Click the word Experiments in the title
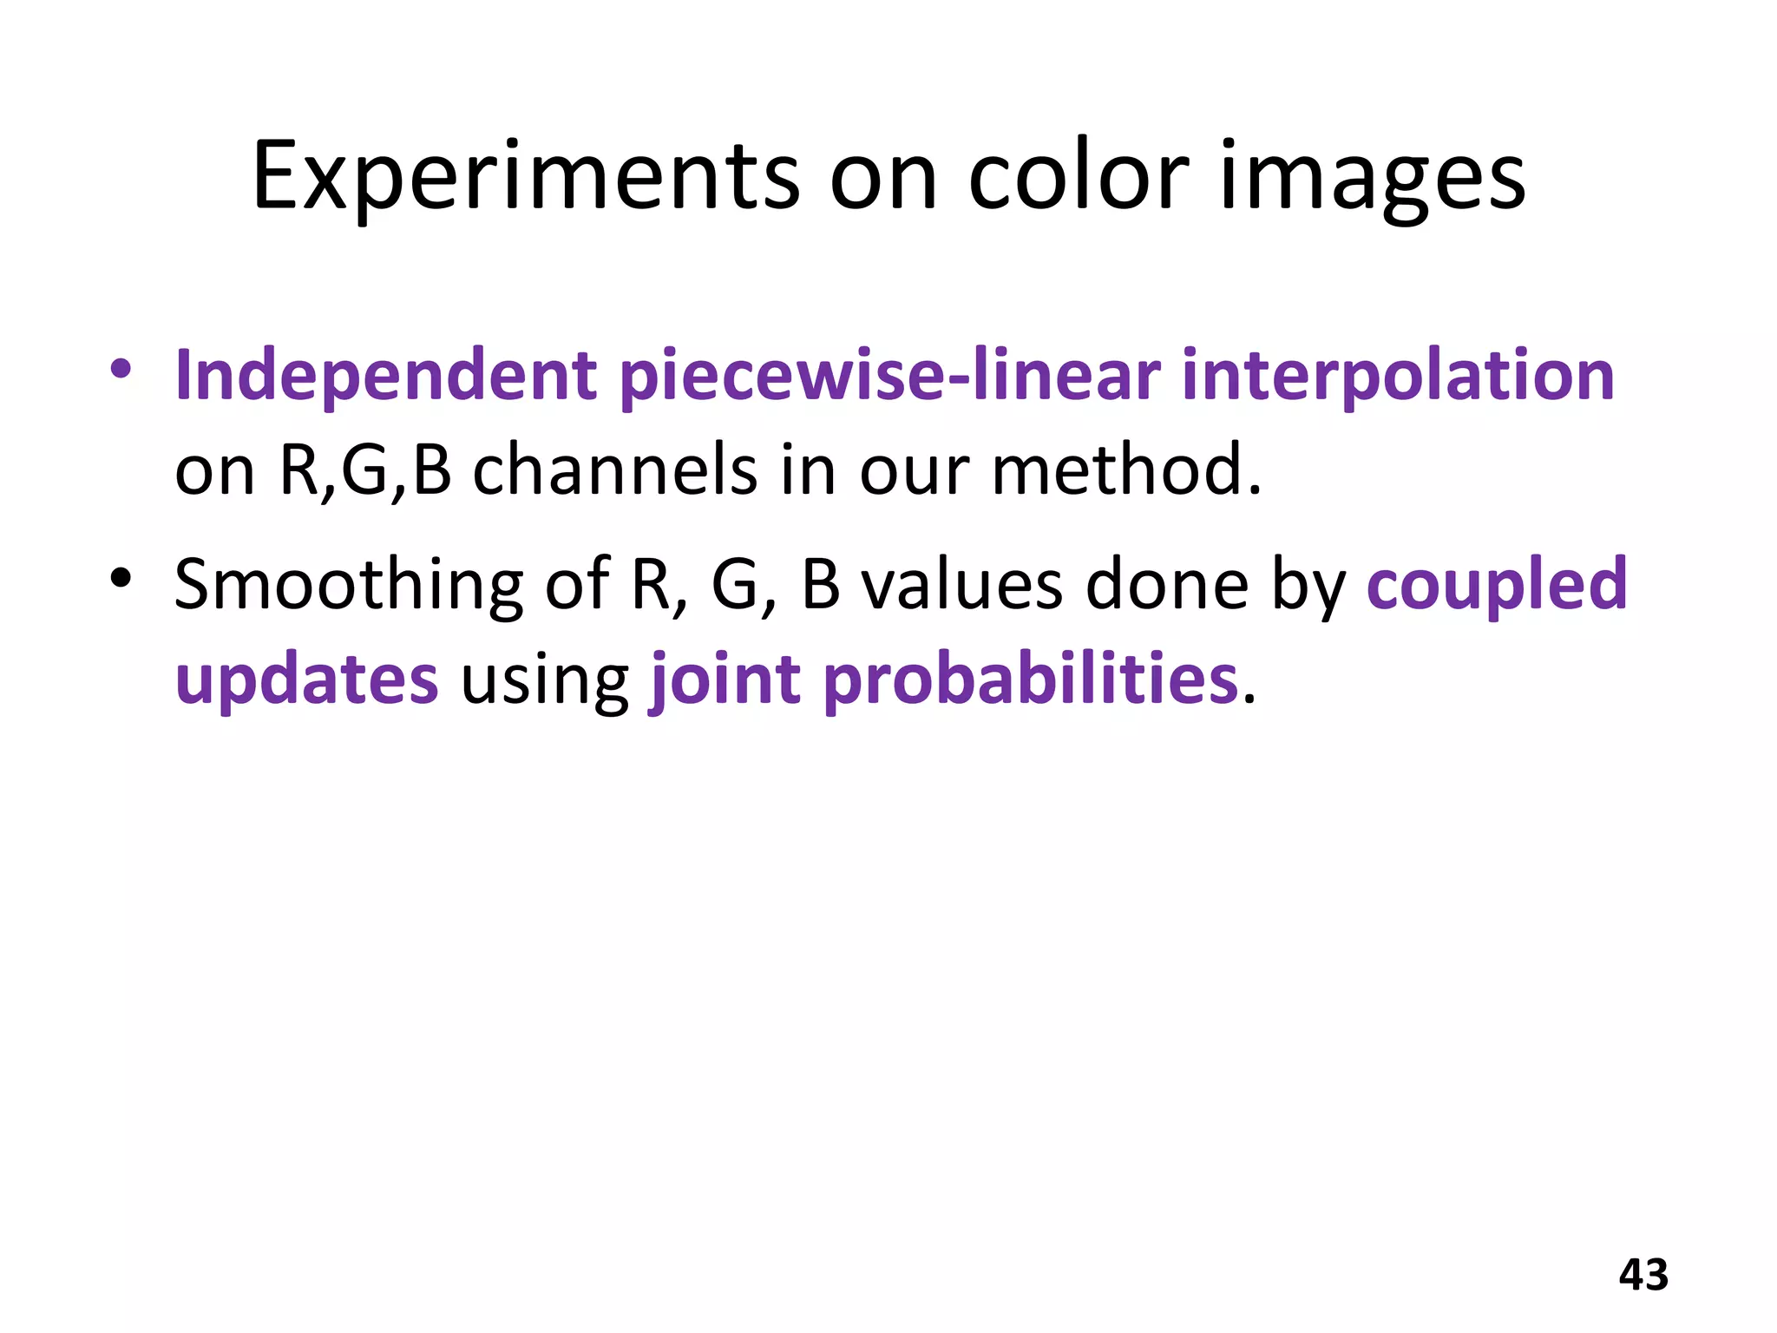pos(525,178)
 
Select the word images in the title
pos(1373,178)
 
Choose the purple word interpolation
pos(1398,376)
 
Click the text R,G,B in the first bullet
pos(364,470)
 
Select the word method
pos(1125,470)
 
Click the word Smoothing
pos(348,585)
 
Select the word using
pos(544,680)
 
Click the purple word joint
pos(725,680)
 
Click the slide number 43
pos(1643,1275)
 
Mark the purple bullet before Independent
pos(121,369)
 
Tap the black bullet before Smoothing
pos(121,577)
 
